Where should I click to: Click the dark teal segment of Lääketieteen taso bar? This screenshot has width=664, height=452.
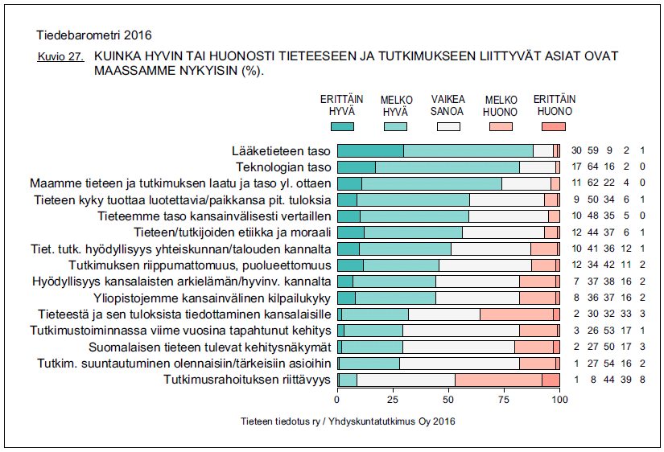coord(370,150)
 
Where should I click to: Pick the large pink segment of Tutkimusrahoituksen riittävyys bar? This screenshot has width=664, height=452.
coord(498,380)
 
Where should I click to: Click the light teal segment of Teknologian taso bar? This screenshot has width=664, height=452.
coord(447,167)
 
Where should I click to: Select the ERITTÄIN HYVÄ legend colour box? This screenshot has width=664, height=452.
coord(343,126)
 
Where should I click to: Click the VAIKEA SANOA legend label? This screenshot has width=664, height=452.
coord(446,105)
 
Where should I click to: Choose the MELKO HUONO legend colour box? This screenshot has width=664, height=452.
coord(501,126)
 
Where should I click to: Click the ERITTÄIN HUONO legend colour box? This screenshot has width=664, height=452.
coord(554,126)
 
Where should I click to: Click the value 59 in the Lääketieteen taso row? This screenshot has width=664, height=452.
coord(591,150)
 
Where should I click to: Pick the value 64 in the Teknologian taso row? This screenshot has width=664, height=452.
coord(591,167)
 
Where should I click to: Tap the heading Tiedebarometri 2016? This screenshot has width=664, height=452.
coord(94,35)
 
